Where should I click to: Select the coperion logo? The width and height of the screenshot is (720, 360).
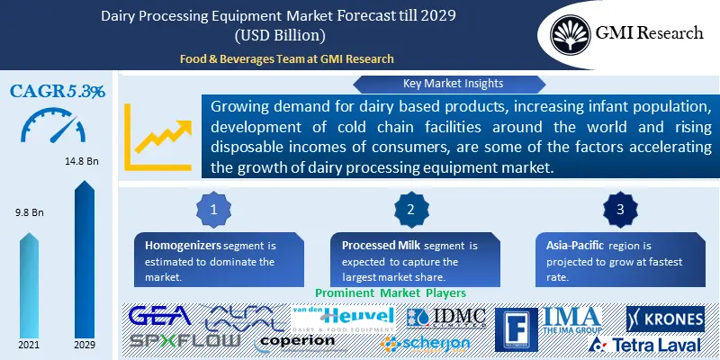coord(296,342)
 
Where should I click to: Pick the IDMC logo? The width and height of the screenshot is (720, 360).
coord(446,318)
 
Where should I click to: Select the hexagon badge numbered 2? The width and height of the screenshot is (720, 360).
coord(409,209)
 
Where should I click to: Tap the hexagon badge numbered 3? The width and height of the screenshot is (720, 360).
coord(620,209)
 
